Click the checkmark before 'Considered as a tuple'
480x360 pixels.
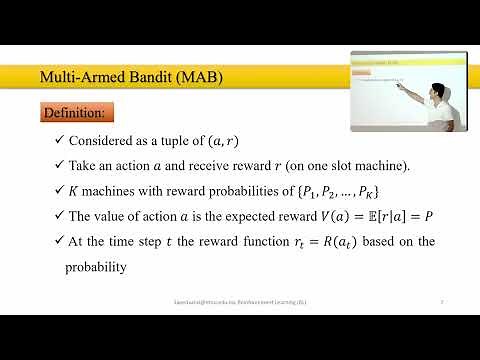(60, 141)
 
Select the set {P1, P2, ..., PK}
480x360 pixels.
(329, 191)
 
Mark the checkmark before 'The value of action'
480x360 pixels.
(60, 217)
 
